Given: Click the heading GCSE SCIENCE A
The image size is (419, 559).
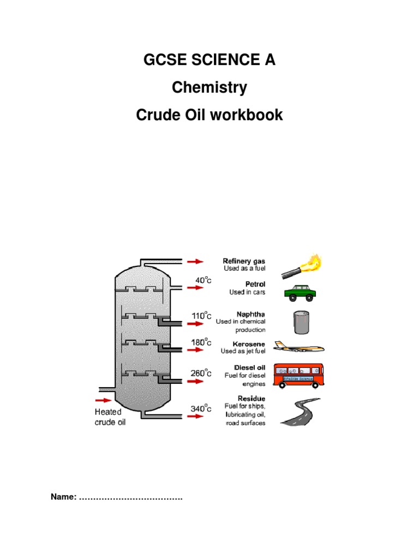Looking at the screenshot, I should pyautogui.click(x=209, y=61).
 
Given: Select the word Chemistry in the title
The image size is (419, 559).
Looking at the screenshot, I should pyautogui.click(x=209, y=87).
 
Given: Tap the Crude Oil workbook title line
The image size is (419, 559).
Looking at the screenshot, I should pyautogui.click(x=209, y=115).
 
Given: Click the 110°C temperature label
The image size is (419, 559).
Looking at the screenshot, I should pyautogui.click(x=200, y=316).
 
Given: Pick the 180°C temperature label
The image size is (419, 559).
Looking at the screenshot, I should pyautogui.click(x=200, y=342).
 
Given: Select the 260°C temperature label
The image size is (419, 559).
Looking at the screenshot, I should pyautogui.click(x=200, y=373).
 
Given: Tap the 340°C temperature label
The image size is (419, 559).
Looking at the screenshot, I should pyautogui.click(x=200, y=408).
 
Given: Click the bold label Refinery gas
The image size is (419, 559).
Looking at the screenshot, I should pyautogui.click(x=244, y=261).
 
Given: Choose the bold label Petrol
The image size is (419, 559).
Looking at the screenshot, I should pyautogui.click(x=253, y=284).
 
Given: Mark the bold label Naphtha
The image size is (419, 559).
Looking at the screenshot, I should pyautogui.click(x=250, y=314).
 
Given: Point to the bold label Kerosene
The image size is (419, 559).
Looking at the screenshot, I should pyautogui.click(x=249, y=344).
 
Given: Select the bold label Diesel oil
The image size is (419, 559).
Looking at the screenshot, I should pyautogui.click(x=249, y=367).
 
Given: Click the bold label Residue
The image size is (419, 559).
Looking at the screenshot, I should pyautogui.click(x=252, y=399).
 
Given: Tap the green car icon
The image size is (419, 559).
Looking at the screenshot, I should pyautogui.click(x=300, y=293).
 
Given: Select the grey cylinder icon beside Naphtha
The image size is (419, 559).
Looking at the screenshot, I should pyautogui.click(x=301, y=322).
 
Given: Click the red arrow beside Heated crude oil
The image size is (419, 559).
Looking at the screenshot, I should pyautogui.click(x=103, y=400).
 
